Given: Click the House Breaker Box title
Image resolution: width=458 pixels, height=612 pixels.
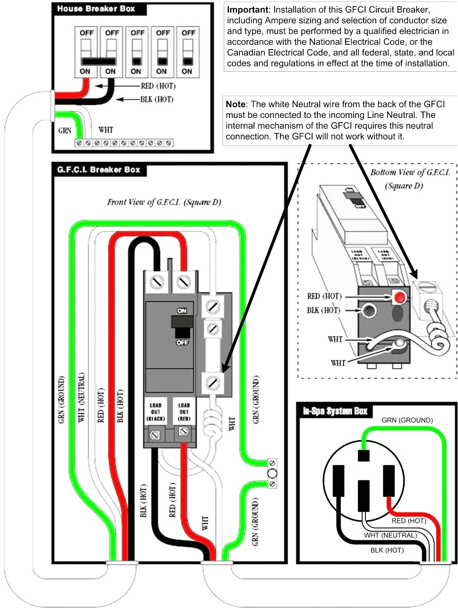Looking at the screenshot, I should tap(96, 8).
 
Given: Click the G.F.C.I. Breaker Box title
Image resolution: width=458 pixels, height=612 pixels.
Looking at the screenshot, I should tap(98, 170).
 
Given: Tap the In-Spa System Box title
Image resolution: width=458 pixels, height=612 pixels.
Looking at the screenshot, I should tap(335, 411).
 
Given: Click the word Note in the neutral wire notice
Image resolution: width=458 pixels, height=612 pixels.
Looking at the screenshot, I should tap(236, 104).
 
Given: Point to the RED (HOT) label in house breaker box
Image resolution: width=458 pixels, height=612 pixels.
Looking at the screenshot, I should tap(158, 86).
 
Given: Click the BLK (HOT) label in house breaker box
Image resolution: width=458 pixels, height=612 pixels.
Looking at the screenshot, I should tap(157, 100).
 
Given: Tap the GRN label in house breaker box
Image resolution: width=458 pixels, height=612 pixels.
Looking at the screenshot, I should tap(65, 130).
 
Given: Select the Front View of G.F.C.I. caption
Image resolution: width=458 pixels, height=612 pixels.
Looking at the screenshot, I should tap(163, 202).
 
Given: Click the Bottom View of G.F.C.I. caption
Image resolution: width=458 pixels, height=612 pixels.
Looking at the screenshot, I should tap(409, 178).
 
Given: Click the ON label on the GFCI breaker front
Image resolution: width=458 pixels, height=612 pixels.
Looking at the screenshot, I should tap(182, 310).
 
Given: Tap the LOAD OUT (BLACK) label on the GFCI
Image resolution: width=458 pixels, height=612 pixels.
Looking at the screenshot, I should tap(156, 411).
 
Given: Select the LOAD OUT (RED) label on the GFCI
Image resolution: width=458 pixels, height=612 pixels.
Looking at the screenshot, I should tap(184, 411).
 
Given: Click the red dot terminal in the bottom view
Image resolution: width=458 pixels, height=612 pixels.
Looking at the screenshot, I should tap(399, 297).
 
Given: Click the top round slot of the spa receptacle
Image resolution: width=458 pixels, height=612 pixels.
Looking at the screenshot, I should tap(363, 455).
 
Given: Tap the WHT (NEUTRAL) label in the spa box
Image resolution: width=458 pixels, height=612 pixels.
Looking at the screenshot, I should tap(390, 535).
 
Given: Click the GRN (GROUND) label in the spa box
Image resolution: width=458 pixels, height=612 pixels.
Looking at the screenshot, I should tap(407, 420).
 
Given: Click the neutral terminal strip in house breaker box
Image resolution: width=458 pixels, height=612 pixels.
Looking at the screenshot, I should tap(124, 143).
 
